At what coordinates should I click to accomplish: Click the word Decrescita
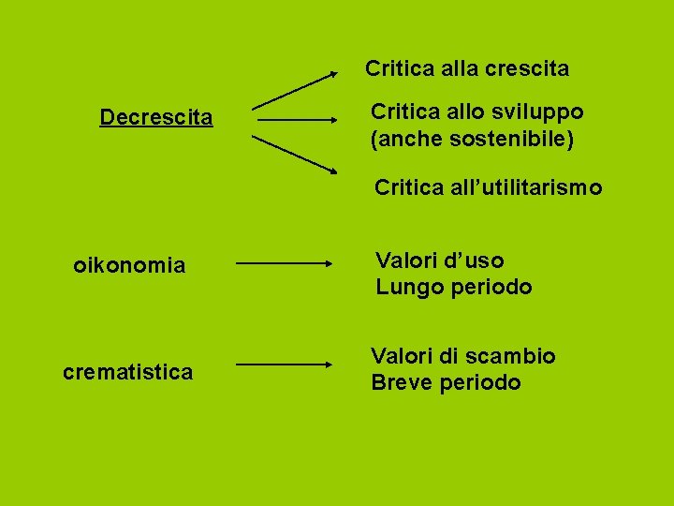[x=156, y=118]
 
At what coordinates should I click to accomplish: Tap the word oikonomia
[x=129, y=266]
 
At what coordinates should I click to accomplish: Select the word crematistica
[x=128, y=372]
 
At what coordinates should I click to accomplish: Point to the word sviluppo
[x=537, y=112]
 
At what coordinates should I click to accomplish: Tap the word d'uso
[x=473, y=260]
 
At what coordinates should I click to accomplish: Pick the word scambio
[x=513, y=356]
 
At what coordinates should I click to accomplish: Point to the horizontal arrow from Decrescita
[x=297, y=120]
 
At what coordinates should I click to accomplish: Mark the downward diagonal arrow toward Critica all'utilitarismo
[x=295, y=155]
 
